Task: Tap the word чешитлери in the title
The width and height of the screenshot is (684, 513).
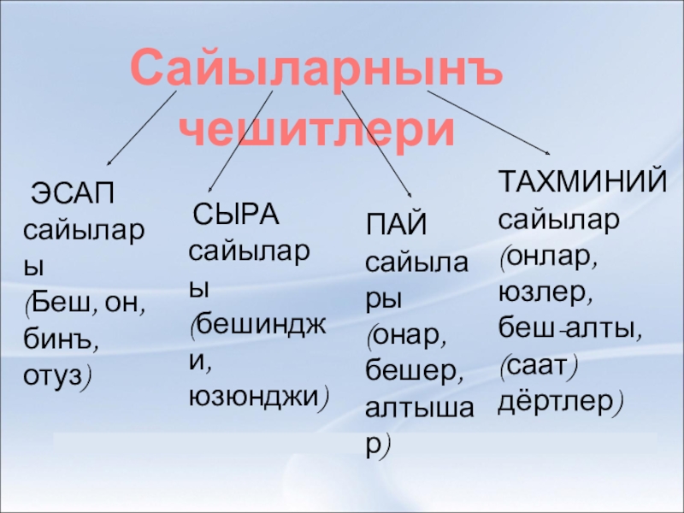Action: click(318, 128)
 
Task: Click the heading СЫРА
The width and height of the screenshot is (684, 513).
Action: click(235, 215)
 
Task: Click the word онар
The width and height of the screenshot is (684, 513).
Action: click(406, 335)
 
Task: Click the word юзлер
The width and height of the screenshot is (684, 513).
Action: click(545, 292)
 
